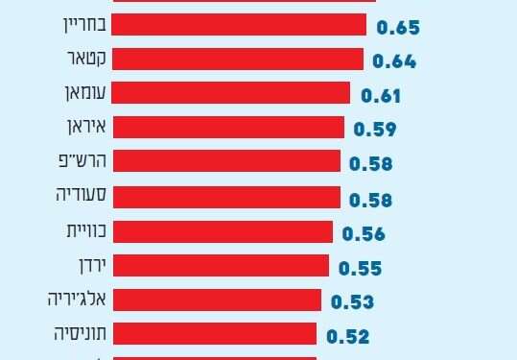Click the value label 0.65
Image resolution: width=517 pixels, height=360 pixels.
[x=399, y=28]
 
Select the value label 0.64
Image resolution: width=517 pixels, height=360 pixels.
[x=393, y=62]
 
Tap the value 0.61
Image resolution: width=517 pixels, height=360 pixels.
[x=380, y=96]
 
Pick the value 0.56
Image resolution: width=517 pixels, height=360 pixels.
[x=363, y=232]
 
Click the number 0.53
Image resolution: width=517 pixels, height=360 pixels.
[x=352, y=301]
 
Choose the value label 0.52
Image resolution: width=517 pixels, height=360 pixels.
[x=347, y=336]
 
